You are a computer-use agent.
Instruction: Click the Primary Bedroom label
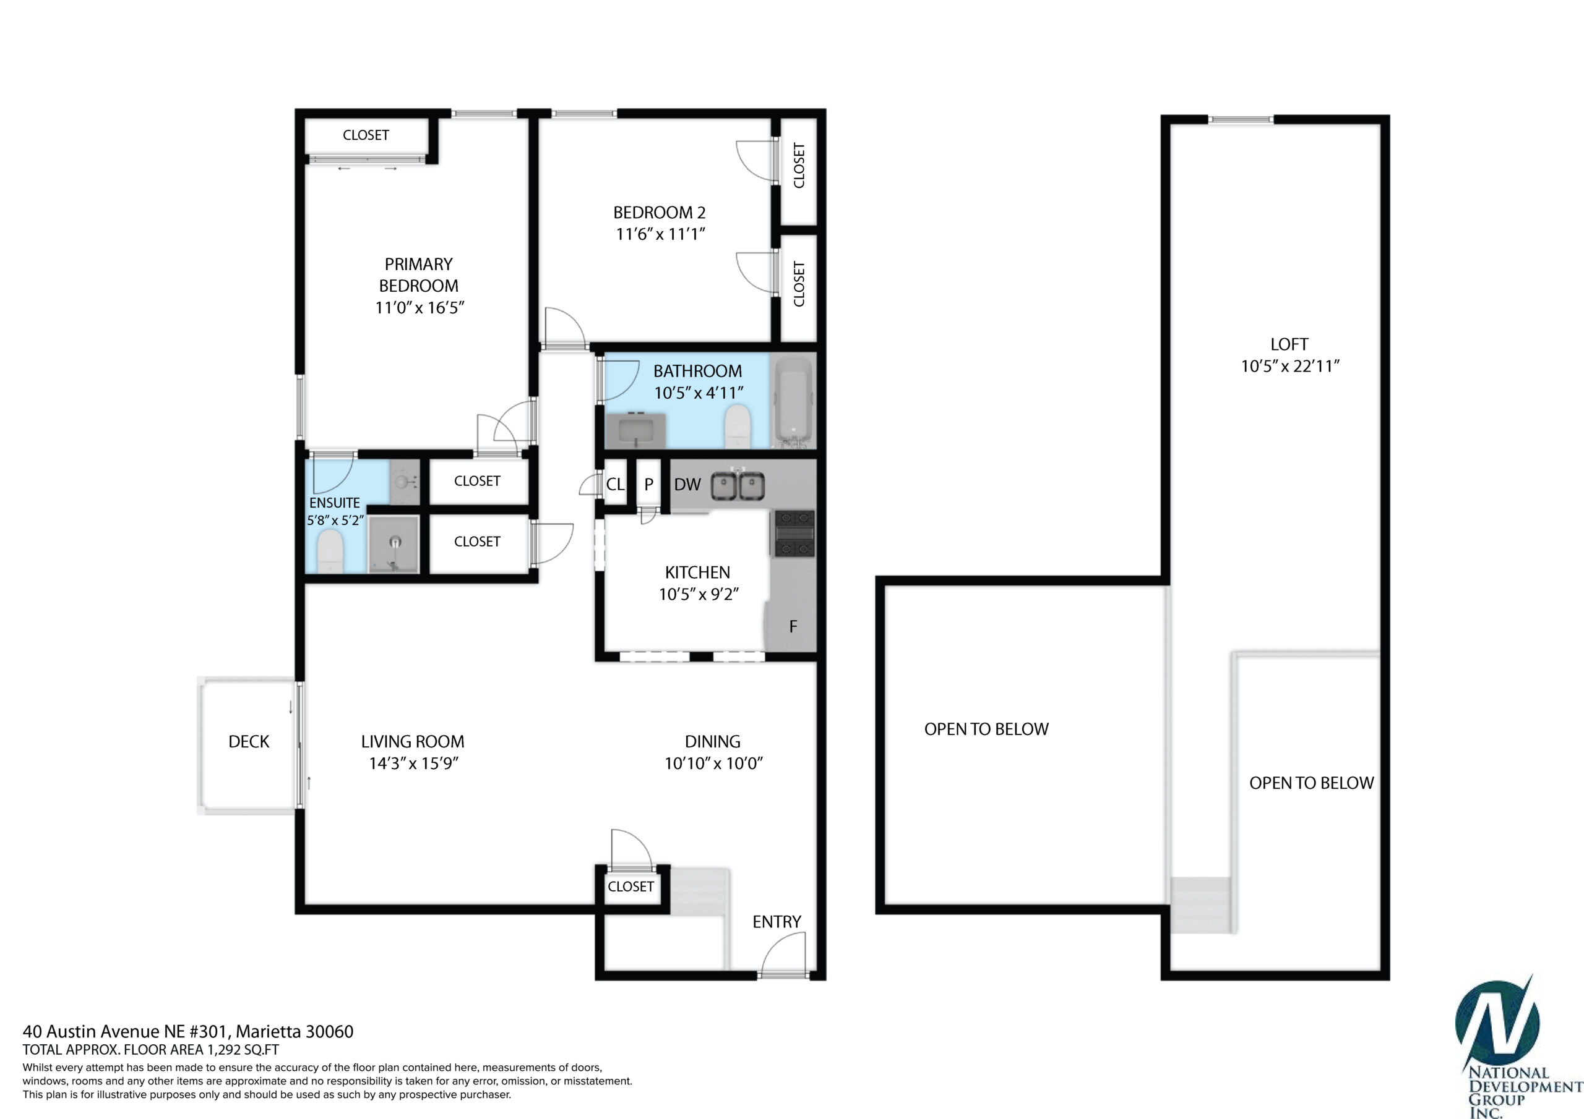tap(419, 274)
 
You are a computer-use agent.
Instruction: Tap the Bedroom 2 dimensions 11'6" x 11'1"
tap(660, 234)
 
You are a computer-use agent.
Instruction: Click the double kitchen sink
tap(738, 485)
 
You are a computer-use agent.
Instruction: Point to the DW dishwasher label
tap(687, 485)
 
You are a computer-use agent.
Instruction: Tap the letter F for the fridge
tap(793, 626)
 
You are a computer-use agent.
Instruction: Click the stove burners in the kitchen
tap(794, 533)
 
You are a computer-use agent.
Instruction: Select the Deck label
tap(249, 741)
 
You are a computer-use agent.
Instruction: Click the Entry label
tap(777, 922)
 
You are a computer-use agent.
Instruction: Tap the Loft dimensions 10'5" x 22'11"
tap(1290, 366)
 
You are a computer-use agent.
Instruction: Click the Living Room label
tap(413, 741)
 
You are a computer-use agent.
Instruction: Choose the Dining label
tap(713, 741)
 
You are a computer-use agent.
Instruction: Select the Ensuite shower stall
tap(394, 545)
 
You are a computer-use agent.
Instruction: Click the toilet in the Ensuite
tap(330, 555)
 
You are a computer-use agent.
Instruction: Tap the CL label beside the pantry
tap(614, 485)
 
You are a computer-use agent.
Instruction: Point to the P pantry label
tap(648, 485)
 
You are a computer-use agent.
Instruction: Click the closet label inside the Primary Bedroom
tap(366, 135)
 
